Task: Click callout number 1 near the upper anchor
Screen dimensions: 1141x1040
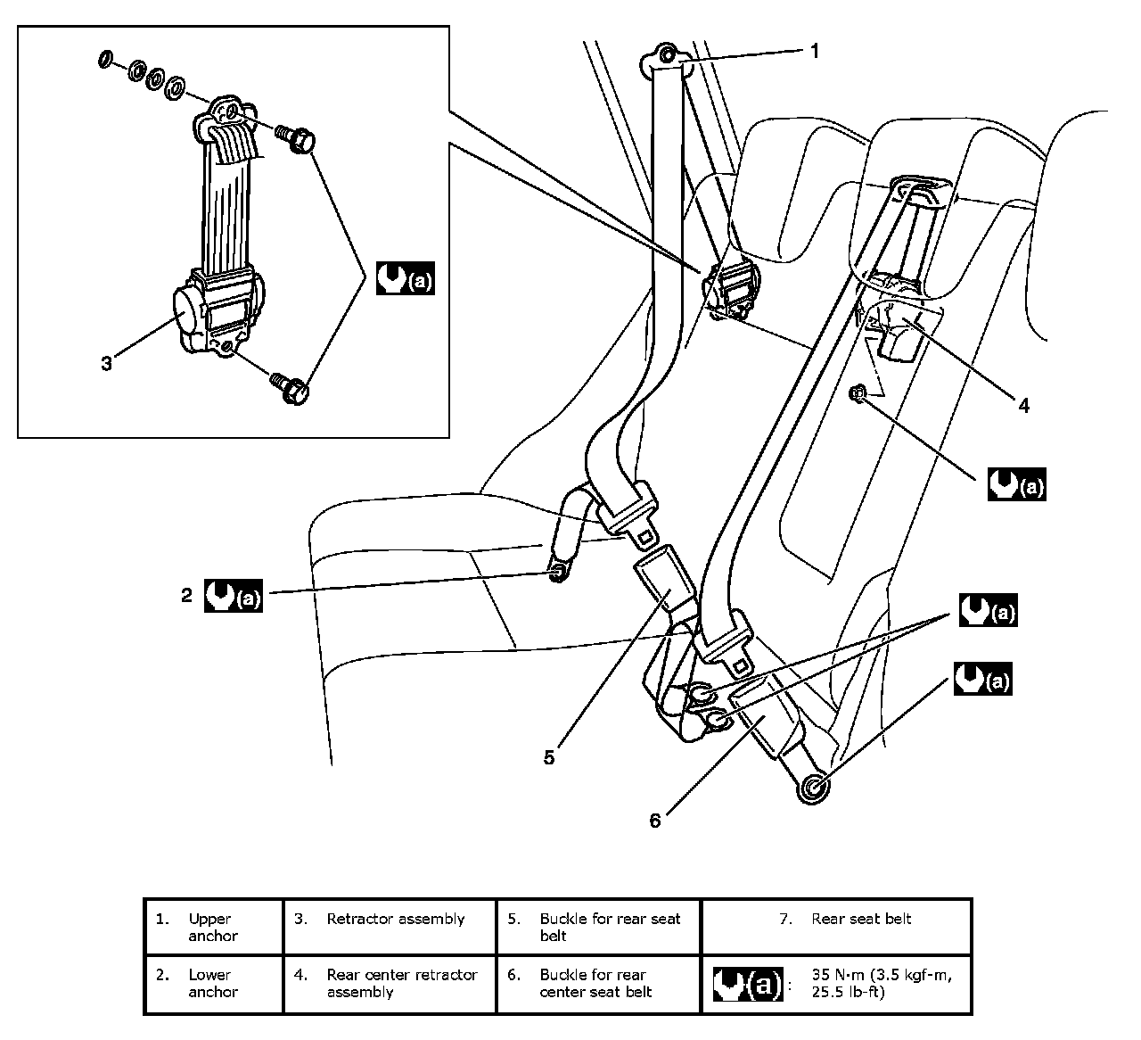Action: tap(815, 51)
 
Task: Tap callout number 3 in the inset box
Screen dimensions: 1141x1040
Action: tap(106, 363)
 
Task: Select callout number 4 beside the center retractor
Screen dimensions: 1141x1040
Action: tap(1024, 406)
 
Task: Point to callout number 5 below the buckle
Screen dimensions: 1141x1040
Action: tap(549, 757)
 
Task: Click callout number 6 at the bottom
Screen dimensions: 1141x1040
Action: tap(655, 821)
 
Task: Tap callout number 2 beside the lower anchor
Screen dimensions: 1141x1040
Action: tap(186, 596)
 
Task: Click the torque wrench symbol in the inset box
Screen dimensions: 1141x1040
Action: tap(406, 278)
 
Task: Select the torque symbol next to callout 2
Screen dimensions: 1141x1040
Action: tap(234, 596)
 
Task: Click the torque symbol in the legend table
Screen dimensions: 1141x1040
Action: tap(748, 984)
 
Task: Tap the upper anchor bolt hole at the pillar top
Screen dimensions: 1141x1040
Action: tap(668, 55)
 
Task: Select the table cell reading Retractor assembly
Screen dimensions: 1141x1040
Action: tap(390, 927)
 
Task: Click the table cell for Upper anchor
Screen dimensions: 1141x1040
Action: tap(214, 927)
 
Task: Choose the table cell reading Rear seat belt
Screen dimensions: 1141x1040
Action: tap(836, 927)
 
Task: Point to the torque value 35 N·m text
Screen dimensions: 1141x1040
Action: tap(882, 984)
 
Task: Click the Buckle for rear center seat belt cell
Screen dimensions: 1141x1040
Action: tap(598, 984)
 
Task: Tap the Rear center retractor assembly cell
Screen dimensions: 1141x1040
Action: tap(390, 984)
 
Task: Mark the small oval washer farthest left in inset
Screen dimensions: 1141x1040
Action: tap(104, 59)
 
